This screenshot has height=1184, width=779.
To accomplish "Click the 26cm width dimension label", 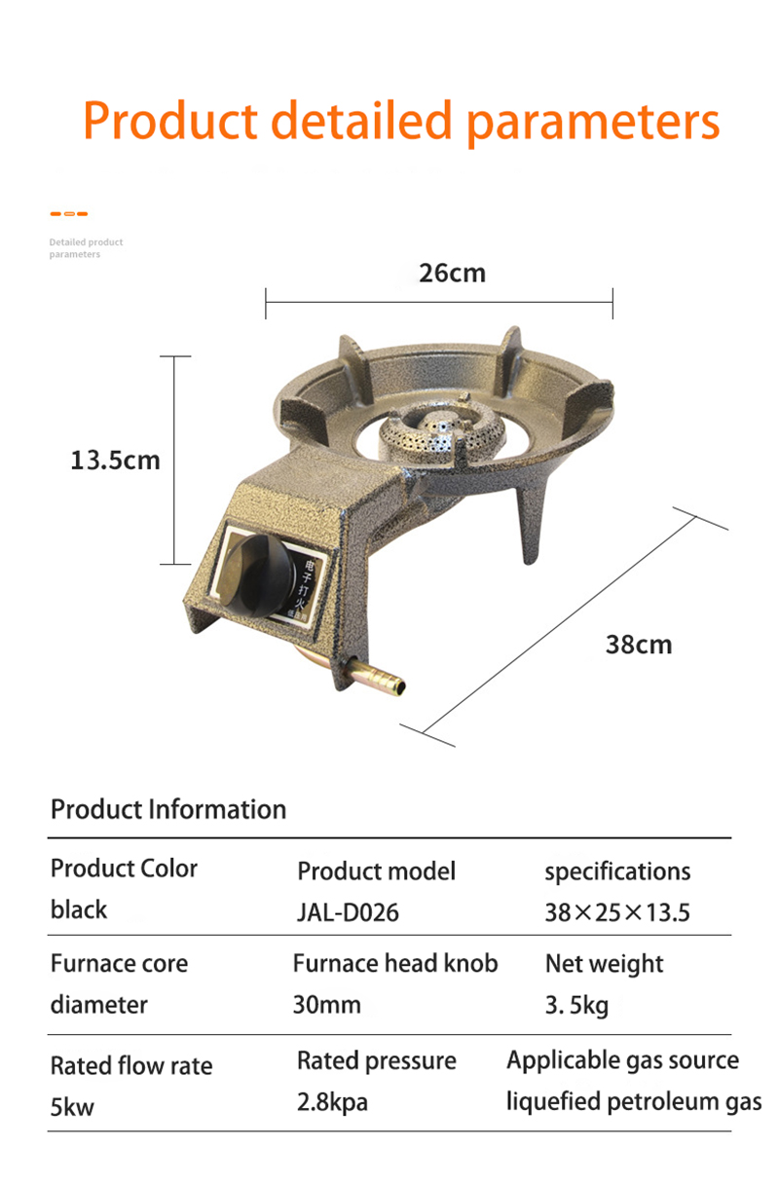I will [x=452, y=274].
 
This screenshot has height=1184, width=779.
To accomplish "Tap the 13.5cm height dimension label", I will [x=115, y=460].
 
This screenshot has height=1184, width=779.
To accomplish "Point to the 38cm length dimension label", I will [x=638, y=644].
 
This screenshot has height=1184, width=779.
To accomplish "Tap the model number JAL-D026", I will [x=348, y=913].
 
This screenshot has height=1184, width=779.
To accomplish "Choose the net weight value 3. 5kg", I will [x=576, y=1005].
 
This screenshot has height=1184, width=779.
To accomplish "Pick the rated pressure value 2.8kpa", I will [x=332, y=1102].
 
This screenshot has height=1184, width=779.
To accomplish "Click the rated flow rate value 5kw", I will [x=73, y=1107].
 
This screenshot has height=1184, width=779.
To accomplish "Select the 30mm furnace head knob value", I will [x=326, y=1005].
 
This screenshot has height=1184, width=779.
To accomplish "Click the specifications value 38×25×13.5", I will [x=616, y=912].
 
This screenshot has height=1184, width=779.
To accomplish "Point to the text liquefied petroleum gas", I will [x=633, y=1102].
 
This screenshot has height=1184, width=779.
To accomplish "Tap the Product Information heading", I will [x=168, y=809].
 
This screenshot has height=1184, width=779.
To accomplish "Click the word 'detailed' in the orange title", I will [x=361, y=122].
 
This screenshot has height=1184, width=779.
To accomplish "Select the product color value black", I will [x=79, y=909].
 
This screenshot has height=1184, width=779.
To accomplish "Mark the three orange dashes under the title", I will [x=68, y=213].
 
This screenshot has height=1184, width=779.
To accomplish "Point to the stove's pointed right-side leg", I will [x=531, y=526].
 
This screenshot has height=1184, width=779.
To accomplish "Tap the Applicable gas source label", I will [x=622, y=1060].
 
